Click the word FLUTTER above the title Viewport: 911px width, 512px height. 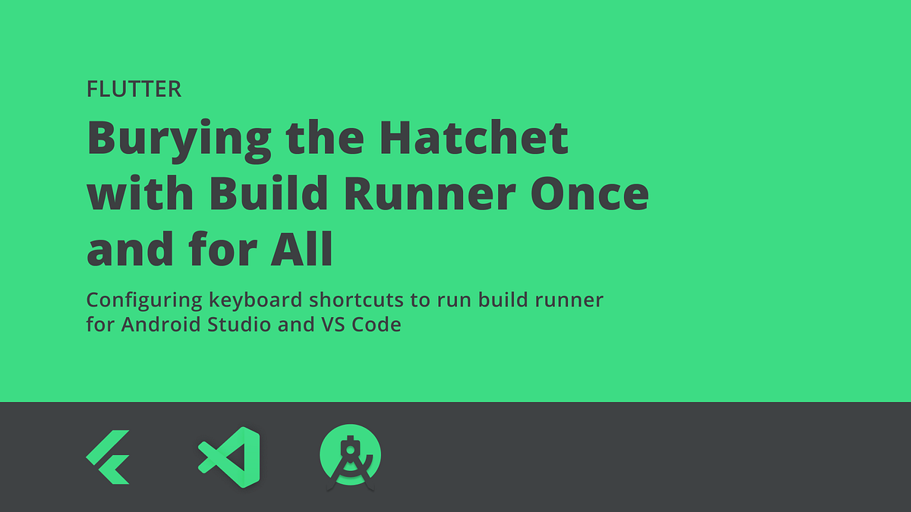click(134, 90)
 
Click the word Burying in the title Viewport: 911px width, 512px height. click(179, 139)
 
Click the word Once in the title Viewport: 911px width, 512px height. click(594, 194)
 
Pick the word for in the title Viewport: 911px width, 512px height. click(222, 250)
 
